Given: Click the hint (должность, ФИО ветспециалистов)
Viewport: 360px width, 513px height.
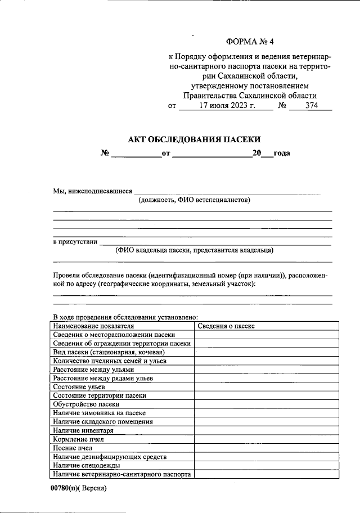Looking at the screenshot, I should tap(194, 200).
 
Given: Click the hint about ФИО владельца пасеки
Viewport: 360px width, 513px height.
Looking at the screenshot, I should tap(194, 250).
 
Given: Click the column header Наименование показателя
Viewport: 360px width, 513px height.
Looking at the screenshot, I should tap(93, 325).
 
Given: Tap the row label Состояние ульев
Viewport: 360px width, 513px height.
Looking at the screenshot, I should tap(79, 387).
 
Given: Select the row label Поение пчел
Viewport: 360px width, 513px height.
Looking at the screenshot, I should tap(73, 448).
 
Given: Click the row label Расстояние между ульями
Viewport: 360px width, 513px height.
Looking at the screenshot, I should tap(93, 370).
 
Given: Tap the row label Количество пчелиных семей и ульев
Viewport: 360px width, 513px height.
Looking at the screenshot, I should tap(109, 361).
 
